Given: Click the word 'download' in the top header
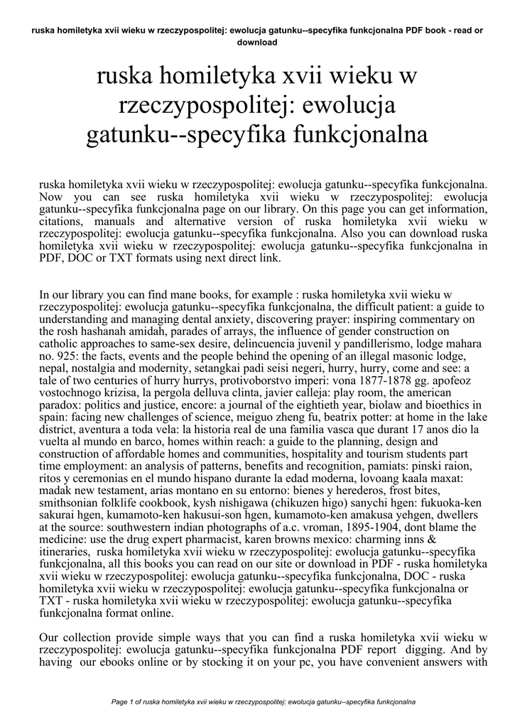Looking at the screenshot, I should pyautogui.click(x=256, y=42).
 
